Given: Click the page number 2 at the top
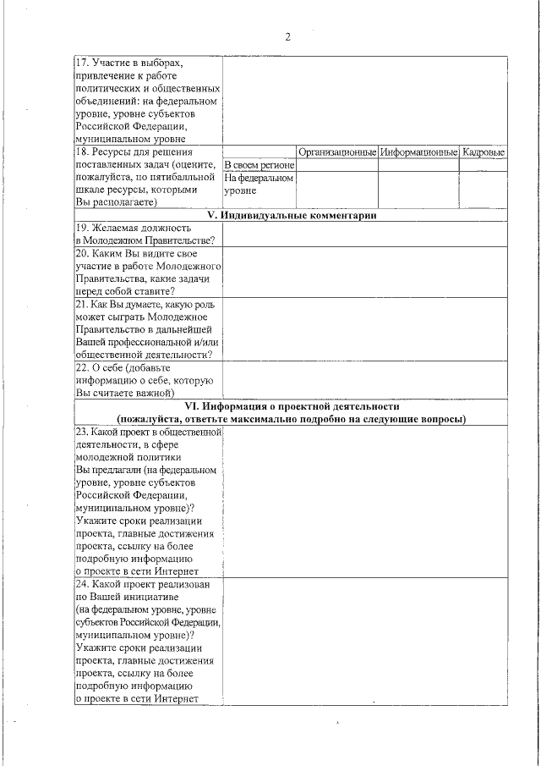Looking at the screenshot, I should coord(287,36).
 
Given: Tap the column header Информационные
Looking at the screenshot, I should coord(418,152).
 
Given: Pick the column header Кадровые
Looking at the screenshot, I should coord(484,152).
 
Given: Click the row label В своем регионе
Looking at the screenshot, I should coord(259,165).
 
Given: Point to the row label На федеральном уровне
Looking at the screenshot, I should coord(259,185).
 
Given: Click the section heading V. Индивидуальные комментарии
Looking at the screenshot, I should coord(292,215).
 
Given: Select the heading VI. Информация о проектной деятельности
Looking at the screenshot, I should coord(292,407).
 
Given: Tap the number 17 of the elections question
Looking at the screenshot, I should coord(81,63).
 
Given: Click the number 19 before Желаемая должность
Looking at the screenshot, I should coord(82,228).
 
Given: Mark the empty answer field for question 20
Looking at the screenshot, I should coord(365,272).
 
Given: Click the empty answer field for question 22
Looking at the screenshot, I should coord(365,380).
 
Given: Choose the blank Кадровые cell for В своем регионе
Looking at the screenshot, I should coord(484,165).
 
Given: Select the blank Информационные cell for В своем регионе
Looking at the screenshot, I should coord(418,165).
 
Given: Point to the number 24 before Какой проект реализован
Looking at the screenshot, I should coord(82,584).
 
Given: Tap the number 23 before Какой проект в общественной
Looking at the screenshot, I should coord(82,432).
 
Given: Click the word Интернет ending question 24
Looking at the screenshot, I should coord(178,698).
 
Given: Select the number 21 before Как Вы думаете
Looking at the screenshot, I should coord(82,303).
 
